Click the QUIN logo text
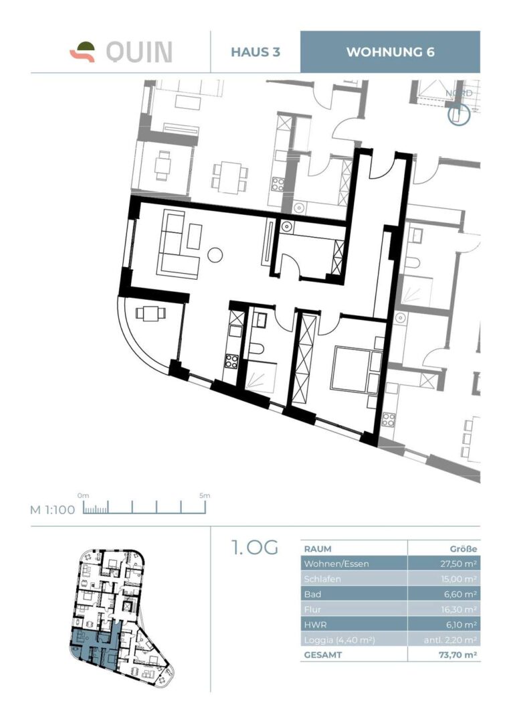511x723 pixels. click(139, 52)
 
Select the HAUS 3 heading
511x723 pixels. click(255, 52)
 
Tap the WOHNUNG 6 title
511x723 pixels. click(390, 52)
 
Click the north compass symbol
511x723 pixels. click(459, 115)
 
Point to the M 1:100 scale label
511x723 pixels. click(52, 509)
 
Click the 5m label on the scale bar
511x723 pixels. click(205, 495)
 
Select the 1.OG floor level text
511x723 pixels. click(255, 547)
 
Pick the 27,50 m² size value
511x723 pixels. click(458, 564)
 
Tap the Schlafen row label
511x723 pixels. click(322, 578)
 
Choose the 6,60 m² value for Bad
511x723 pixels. click(460, 594)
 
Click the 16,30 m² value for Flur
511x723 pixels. click(459, 610)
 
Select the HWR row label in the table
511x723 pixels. click(314, 625)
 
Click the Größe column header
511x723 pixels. click(463, 549)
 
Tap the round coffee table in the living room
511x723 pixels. click(215, 255)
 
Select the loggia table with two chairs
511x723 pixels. click(150, 313)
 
